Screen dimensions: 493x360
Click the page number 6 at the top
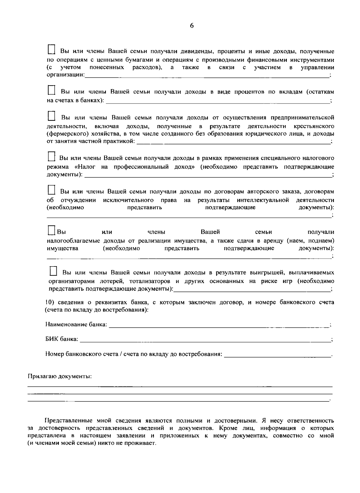[192, 26]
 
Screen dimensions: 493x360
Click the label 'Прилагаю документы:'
[59, 376]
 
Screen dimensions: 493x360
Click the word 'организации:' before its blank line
[66, 75]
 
